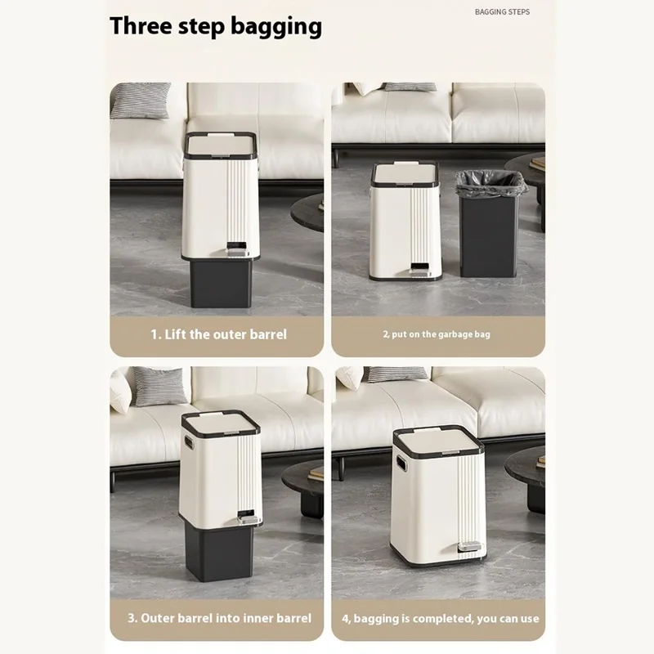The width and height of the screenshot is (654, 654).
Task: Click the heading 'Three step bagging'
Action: point(216,27)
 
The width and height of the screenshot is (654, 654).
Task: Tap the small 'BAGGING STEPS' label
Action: point(502,12)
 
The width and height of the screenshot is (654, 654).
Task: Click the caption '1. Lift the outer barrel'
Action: point(218,334)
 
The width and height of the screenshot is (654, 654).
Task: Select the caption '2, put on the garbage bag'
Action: point(437,334)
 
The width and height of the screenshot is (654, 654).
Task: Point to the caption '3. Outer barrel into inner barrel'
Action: point(219,618)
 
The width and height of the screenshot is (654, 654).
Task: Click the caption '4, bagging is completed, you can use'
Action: point(441,619)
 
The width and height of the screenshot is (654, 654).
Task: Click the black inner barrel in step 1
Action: point(221,284)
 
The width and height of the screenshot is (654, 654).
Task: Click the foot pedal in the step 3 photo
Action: point(246,519)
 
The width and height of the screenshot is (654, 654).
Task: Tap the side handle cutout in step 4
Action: point(401,462)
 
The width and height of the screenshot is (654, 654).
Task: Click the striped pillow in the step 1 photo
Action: point(140,100)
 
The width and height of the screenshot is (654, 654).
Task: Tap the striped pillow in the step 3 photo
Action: point(159,385)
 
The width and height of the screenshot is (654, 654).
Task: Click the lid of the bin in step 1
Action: point(220,146)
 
